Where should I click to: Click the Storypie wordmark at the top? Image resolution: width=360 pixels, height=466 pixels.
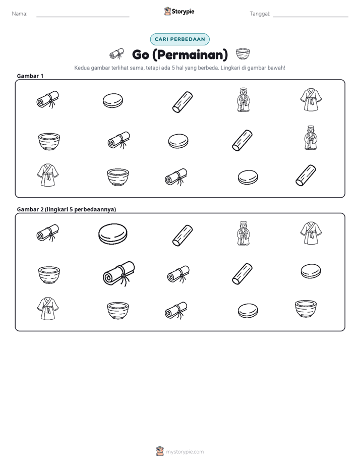(x=183, y=12)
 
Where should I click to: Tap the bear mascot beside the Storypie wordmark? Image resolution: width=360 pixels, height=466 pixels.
(x=167, y=11)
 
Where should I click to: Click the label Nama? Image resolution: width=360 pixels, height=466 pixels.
(x=20, y=14)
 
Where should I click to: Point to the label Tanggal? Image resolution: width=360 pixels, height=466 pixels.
(x=260, y=14)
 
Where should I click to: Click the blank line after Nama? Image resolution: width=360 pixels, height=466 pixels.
(x=83, y=17)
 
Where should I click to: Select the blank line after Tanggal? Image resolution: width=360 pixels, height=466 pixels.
(x=311, y=17)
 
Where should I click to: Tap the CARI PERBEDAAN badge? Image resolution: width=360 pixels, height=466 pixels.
(x=179, y=39)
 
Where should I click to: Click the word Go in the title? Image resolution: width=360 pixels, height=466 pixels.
(x=141, y=54)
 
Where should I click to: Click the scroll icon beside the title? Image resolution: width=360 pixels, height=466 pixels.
(x=117, y=54)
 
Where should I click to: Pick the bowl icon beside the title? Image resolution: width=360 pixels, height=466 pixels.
(x=243, y=54)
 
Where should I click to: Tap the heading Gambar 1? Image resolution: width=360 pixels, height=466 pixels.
(x=30, y=76)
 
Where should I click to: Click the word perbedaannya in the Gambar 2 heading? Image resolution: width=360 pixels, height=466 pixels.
(x=95, y=209)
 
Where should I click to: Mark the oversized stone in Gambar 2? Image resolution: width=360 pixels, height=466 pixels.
(x=113, y=234)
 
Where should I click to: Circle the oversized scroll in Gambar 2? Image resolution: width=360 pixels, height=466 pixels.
(x=119, y=274)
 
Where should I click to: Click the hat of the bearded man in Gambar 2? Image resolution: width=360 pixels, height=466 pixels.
(x=243, y=223)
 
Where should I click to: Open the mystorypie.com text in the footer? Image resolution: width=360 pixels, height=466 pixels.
(x=185, y=452)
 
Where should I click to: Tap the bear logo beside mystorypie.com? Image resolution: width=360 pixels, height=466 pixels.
(x=160, y=451)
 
